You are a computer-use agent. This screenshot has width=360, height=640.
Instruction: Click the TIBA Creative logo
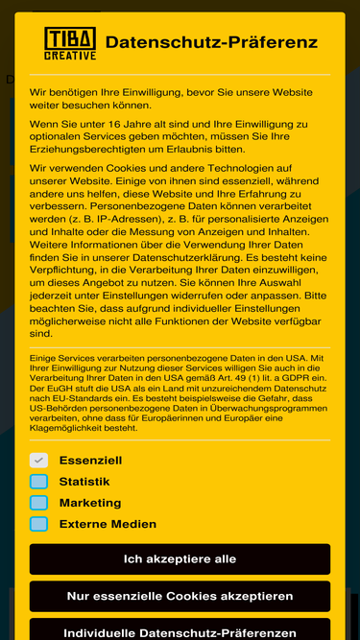coord(70,43)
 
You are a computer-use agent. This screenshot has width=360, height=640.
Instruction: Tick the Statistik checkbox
coord(38,482)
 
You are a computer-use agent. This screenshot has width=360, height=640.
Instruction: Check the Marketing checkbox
coord(38,503)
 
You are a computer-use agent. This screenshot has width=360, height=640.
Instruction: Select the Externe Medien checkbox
coord(38,524)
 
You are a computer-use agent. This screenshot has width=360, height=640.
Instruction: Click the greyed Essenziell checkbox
coord(38,461)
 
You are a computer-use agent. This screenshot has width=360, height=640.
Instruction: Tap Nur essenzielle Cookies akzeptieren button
coord(180,596)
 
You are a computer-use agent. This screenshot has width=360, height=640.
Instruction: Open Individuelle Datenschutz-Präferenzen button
coord(180,632)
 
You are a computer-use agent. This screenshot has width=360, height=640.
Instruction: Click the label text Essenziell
coord(90,461)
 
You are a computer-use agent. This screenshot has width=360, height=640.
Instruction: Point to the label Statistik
coord(84,482)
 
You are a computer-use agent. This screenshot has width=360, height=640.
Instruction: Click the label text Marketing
coord(90,503)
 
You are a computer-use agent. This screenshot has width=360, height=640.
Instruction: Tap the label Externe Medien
coord(108,524)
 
